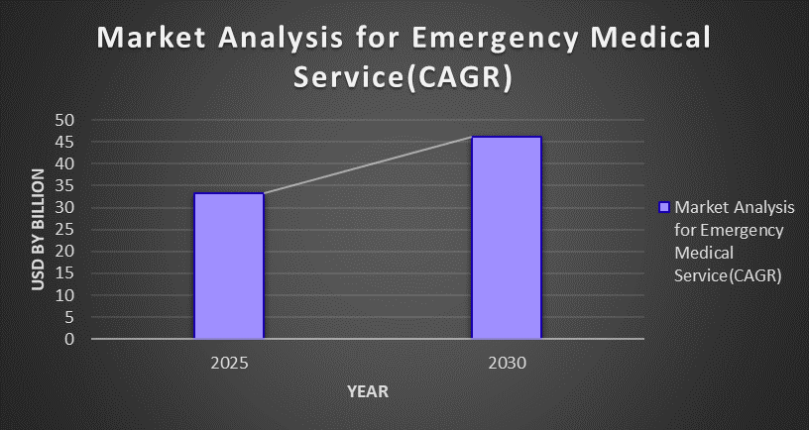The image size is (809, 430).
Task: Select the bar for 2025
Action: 229,266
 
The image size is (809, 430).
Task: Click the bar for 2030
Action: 507,238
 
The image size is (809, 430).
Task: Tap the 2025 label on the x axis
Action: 229,363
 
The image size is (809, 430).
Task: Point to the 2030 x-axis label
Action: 507,363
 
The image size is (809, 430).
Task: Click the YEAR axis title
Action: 368,391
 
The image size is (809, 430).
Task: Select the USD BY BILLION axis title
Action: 38,230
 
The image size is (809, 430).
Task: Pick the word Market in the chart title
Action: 152,39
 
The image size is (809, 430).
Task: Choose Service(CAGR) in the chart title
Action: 404,78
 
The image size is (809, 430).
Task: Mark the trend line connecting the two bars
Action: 368,164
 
